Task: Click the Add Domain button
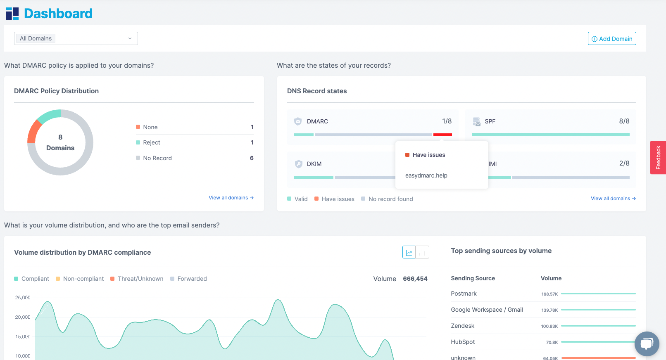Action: (x=612, y=38)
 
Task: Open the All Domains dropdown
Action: (x=76, y=38)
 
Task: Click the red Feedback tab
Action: (x=658, y=158)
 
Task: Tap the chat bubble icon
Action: (x=647, y=343)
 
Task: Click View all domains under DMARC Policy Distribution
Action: (x=231, y=198)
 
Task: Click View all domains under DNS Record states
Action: (x=613, y=199)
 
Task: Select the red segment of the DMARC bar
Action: (x=442, y=135)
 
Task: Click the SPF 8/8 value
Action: (x=624, y=121)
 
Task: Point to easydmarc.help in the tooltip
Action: (x=426, y=175)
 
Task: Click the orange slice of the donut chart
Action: (x=33, y=132)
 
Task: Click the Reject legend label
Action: (x=151, y=142)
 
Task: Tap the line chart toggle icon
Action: (x=409, y=252)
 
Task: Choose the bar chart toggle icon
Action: (x=422, y=252)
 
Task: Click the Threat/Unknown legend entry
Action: (x=140, y=279)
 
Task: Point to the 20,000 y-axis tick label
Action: (x=23, y=317)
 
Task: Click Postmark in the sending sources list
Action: (x=464, y=294)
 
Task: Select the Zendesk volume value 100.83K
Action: (x=549, y=326)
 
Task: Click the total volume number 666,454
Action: (x=415, y=279)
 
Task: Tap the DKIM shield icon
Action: (x=298, y=164)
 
